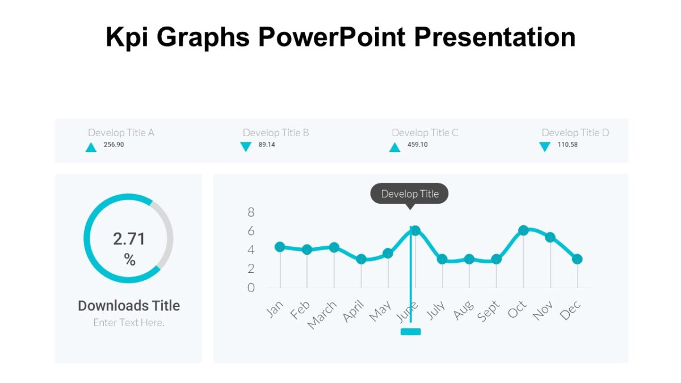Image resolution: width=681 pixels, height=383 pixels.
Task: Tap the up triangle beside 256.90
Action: click(91, 148)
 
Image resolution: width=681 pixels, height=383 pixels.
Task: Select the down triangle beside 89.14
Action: click(246, 147)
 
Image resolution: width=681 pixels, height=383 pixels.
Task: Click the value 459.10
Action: click(417, 145)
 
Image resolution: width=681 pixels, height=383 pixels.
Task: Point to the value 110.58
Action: click(567, 145)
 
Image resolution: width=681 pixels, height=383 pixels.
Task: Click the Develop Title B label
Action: click(276, 133)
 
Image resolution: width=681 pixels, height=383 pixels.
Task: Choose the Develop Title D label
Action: click(575, 133)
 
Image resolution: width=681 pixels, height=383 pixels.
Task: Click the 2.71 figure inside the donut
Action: click(129, 239)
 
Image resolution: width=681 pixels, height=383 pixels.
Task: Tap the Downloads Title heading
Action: click(129, 306)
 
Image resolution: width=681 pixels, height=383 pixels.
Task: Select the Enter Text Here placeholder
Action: click(129, 322)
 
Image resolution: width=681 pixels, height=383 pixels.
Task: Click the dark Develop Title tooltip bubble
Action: click(409, 194)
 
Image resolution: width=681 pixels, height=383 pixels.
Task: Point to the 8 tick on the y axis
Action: click(251, 213)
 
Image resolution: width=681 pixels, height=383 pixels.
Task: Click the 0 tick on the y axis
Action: click(251, 288)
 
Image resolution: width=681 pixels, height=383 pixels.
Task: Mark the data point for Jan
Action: click(280, 247)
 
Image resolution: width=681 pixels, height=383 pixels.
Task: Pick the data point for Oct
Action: click(523, 230)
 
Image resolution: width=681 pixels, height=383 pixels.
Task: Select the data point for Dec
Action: click(577, 259)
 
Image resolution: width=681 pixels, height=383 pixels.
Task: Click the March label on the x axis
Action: click(322, 314)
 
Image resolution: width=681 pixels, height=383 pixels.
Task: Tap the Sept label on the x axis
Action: click(489, 312)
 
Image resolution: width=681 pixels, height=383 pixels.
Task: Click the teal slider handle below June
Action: click(410, 331)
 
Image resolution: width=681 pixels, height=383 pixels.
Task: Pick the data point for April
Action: click(361, 259)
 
